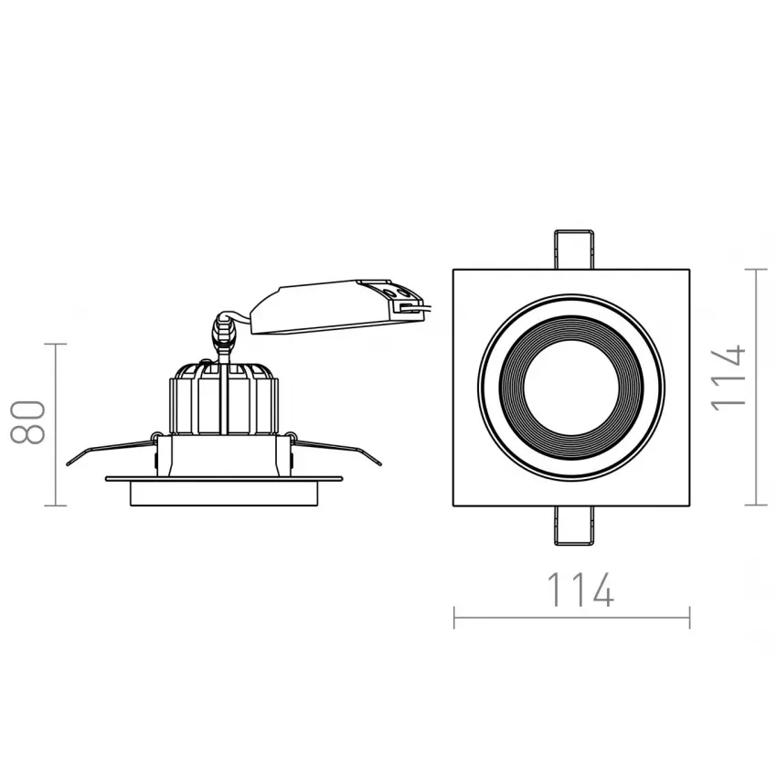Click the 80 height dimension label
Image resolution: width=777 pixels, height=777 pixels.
click(x=27, y=421)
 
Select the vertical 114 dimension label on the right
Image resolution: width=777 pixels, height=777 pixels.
click(x=728, y=378)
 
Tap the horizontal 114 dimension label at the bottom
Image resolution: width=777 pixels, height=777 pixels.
click(x=580, y=590)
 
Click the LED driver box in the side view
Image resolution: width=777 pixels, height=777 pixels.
click(x=337, y=306)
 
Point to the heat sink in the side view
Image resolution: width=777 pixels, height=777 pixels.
click(x=224, y=399)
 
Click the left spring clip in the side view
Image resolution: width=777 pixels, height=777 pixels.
click(x=112, y=449)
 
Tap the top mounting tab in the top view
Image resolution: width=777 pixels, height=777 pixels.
click(x=574, y=250)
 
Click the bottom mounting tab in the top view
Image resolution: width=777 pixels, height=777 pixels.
click(x=574, y=526)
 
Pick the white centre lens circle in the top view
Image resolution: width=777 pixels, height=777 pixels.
click(x=571, y=388)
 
